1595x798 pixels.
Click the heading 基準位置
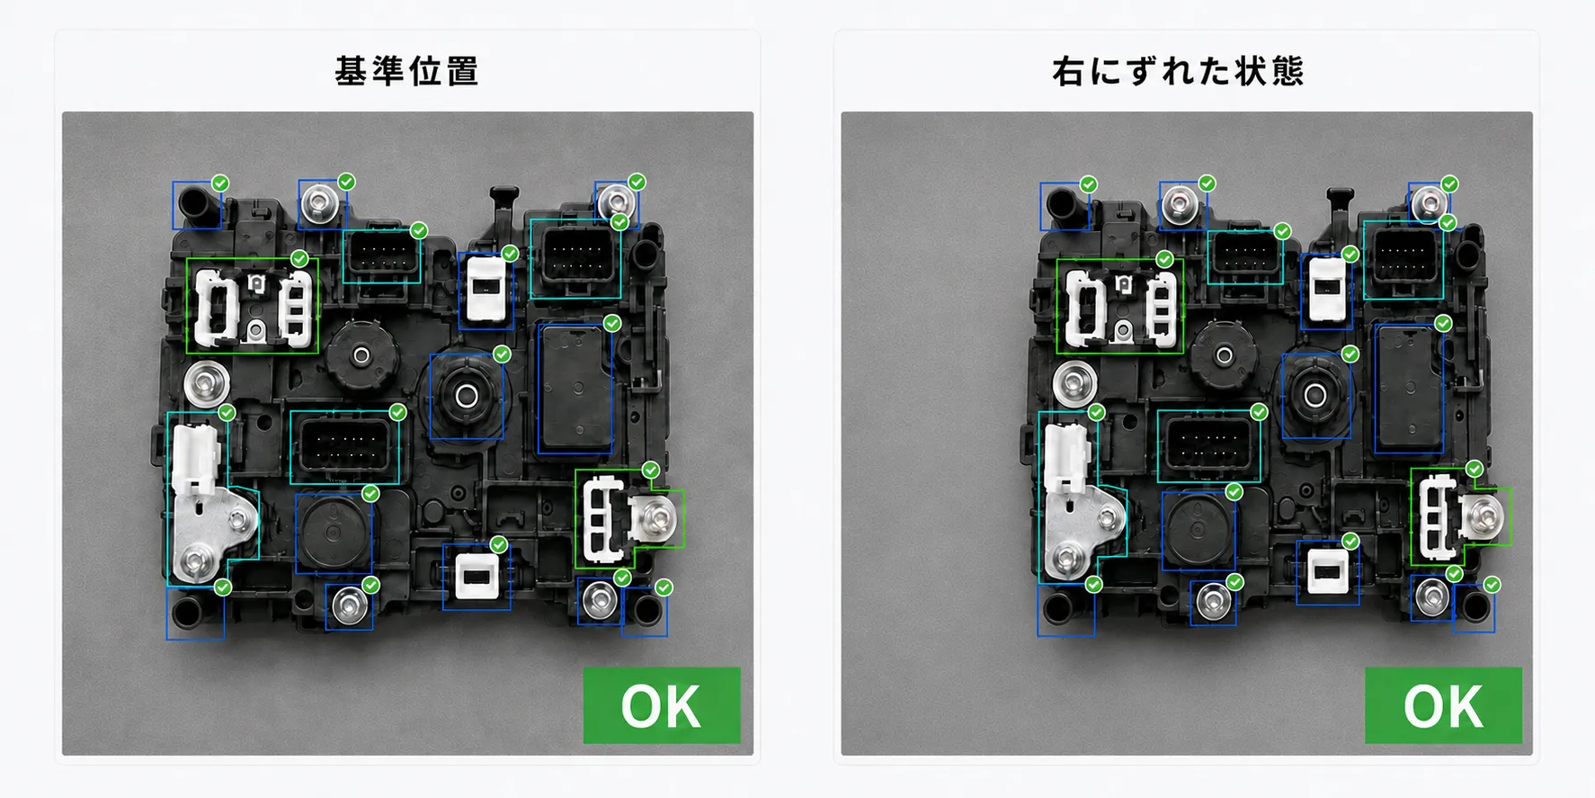point(406,71)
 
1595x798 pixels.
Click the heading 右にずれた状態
point(1178,71)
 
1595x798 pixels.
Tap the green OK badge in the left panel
point(662,705)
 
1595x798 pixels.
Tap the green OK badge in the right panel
point(1443,705)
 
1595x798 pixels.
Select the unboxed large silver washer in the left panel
point(207,384)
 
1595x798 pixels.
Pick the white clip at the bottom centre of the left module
point(475,576)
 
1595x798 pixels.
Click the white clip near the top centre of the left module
point(486,288)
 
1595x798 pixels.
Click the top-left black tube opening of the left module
point(196,203)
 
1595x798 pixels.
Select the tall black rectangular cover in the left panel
point(575,388)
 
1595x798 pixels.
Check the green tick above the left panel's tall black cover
point(612,323)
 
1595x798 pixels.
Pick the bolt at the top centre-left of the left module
point(320,202)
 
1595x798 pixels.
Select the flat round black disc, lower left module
point(333,533)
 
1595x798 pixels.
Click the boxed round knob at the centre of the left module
point(467,395)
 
